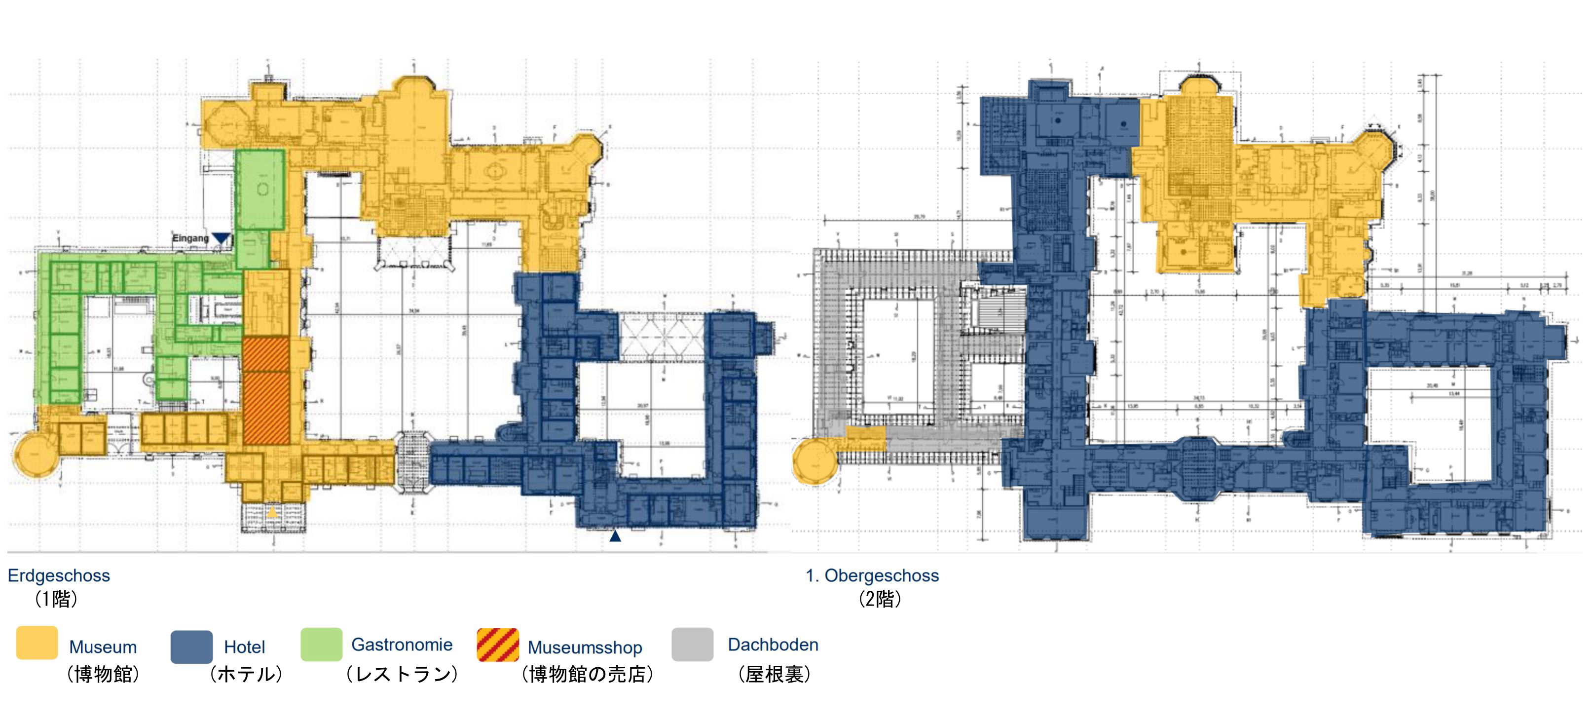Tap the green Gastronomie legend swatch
pyautogui.click(x=321, y=644)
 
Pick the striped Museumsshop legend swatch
pyautogui.click(x=498, y=645)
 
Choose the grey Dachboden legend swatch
pyautogui.click(x=692, y=645)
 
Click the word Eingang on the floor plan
pyautogui.click(x=190, y=238)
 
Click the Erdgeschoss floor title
pyautogui.click(x=59, y=575)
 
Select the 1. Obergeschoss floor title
pyautogui.click(x=872, y=575)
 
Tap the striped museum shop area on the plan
pyautogui.click(x=266, y=390)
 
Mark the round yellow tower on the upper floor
pyautogui.click(x=815, y=461)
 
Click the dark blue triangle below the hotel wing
pyautogui.click(x=615, y=535)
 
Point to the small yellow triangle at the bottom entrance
pyautogui.click(x=273, y=512)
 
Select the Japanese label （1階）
pyautogui.click(x=56, y=599)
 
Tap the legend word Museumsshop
pyautogui.click(x=585, y=647)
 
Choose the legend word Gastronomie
pyautogui.click(x=402, y=645)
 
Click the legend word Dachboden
pyautogui.click(x=773, y=645)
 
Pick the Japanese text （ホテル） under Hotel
pyautogui.click(x=246, y=674)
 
